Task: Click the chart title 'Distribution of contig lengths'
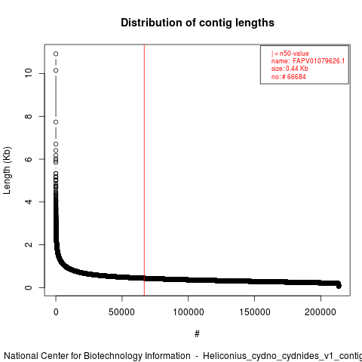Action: point(198,23)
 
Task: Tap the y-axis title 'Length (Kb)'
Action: point(7,170)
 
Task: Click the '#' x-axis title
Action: point(197,333)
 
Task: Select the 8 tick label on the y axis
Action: point(29,116)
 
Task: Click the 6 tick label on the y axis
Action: point(29,159)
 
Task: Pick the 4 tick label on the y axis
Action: point(29,201)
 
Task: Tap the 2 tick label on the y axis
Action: point(29,244)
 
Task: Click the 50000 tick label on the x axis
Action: point(122,312)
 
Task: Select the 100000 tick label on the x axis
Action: point(189,312)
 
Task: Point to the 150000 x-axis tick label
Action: point(255,312)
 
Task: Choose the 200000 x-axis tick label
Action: point(321,312)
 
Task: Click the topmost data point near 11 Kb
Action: point(56,54)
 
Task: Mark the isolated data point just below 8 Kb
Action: point(56,122)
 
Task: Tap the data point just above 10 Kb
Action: point(56,70)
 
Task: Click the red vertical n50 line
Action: point(144,170)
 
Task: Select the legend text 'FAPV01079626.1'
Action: point(318,61)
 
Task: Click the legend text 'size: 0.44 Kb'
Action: point(290,69)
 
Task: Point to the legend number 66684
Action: point(296,77)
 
